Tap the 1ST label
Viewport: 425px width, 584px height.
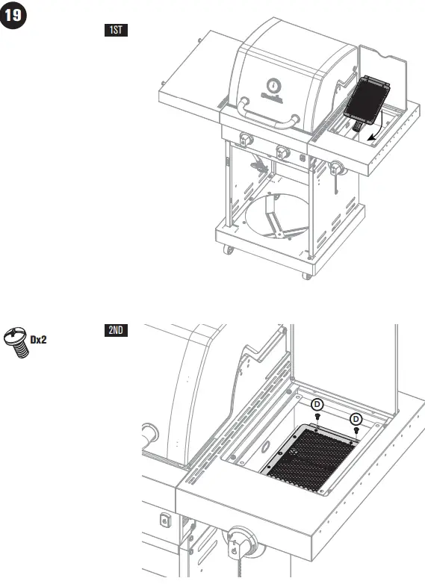click(x=116, y=31)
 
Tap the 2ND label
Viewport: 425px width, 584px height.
click(x=116, y=331)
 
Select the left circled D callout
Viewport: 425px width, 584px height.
click(x=317, y=406)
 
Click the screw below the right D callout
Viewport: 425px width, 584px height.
click(x=356, y=431)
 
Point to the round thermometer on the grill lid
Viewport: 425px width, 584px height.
click(x=273, y=84)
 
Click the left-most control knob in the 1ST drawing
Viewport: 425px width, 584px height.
click(x=246, y=140)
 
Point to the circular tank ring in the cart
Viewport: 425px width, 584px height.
click(x=272, y=217)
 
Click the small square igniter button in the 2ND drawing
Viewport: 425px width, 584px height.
click(x=164, y=520)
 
